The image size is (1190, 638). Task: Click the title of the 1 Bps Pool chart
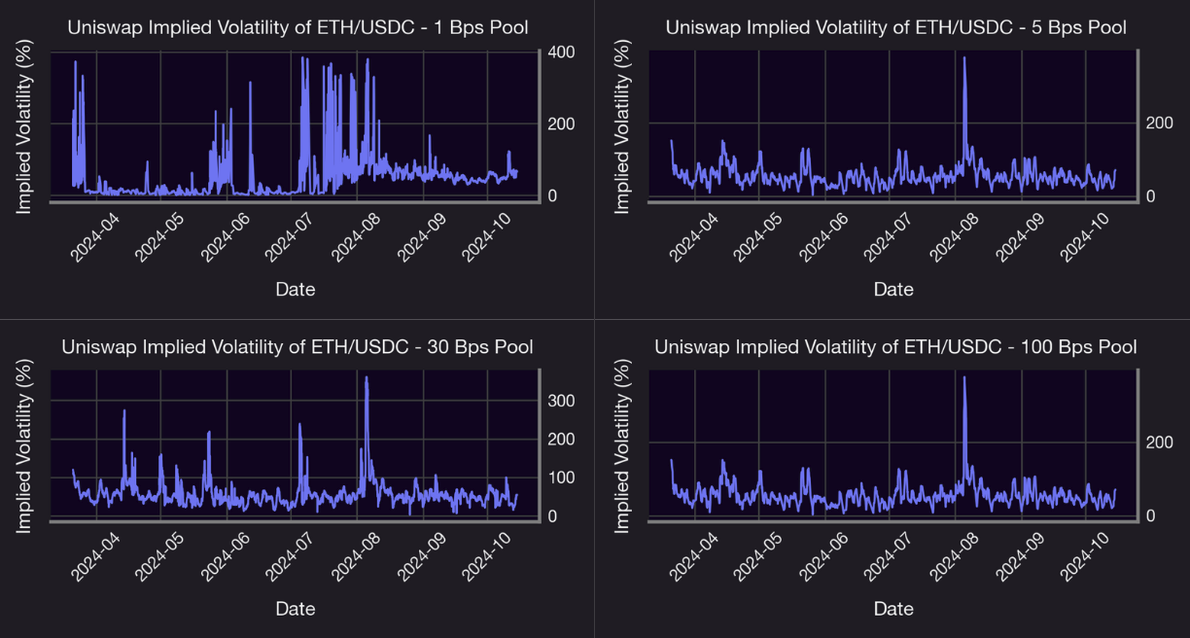[297, 27]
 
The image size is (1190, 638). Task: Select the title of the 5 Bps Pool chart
[895, 27]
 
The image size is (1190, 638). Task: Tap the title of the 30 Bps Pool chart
[297, 347]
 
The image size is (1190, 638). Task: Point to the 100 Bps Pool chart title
[895, 347]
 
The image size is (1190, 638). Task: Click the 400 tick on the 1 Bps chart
[560, 51]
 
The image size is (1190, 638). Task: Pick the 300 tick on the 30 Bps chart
[560, 401]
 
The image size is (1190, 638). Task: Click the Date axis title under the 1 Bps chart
[295, 289]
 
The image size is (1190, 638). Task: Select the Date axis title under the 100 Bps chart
[893, 609]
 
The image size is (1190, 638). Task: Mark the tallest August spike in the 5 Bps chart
[963, 58]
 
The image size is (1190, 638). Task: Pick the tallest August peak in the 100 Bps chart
[963, 378]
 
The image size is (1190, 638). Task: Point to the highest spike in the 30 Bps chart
[366, 378]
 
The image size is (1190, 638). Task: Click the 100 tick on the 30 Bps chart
[560, 478]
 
